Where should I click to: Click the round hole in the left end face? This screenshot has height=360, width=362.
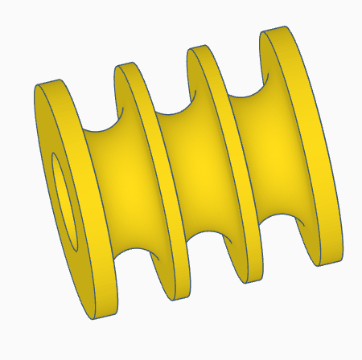click(65, 196)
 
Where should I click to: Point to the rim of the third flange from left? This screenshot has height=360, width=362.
click(241, 161)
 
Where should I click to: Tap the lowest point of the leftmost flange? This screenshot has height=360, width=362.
click(101, 316)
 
